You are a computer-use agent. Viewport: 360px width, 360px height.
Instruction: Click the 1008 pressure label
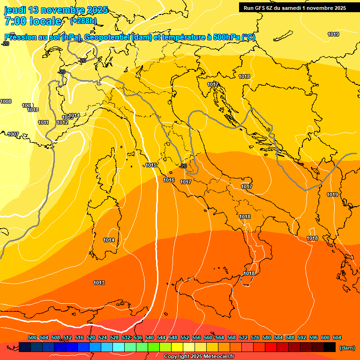pos(6,102)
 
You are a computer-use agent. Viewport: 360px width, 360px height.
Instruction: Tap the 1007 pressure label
pos(13,135)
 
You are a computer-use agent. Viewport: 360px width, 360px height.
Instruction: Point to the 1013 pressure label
pos(99,283)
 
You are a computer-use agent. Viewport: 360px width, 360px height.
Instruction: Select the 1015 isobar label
pos(151,165)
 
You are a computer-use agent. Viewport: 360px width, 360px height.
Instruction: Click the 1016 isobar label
pos(169,180)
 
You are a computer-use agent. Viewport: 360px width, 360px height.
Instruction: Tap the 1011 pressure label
pos(44,123)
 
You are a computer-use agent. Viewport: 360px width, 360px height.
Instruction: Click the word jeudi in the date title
pos(15,10)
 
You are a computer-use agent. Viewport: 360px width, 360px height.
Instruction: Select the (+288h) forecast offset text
pos(83,21)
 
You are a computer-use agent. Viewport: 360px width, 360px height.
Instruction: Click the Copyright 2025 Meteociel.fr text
pos(199,357)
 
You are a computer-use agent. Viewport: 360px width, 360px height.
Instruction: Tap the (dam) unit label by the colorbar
pos(347,347)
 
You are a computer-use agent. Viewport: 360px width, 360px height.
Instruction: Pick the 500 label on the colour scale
pos(32,337)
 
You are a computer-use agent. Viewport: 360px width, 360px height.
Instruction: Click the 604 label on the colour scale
pos(337,337)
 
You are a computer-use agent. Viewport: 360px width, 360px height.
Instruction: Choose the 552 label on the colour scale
pos(185,337)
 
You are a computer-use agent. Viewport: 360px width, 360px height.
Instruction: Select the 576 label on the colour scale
pos(255,337)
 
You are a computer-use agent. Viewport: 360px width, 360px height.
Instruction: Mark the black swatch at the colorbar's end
pos(330,347)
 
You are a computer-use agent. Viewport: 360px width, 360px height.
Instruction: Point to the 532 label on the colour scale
pos(126,337)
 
